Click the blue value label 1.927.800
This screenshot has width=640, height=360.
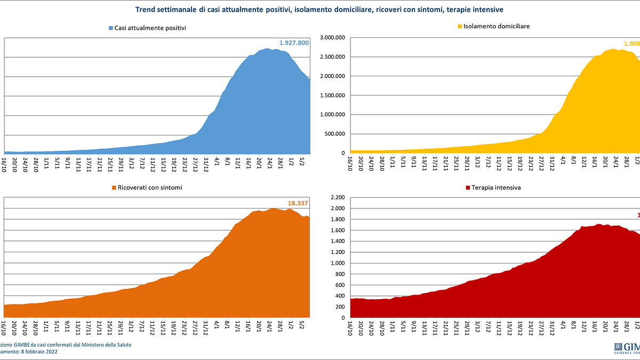(294, 43)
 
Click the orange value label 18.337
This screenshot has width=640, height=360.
(299, 203)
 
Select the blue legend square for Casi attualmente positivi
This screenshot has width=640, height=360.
(110, 28)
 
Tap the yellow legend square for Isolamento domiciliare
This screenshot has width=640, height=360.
(459, 26)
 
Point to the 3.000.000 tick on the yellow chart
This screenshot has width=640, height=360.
(332, 38)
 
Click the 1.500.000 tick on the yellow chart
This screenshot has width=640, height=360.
(332, 95)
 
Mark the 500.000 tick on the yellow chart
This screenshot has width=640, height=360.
(335, 134)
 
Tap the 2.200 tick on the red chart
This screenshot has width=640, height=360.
(339, 198)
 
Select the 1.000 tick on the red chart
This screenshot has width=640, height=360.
(339, 263)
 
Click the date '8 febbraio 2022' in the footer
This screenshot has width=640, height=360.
(39, 352)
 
